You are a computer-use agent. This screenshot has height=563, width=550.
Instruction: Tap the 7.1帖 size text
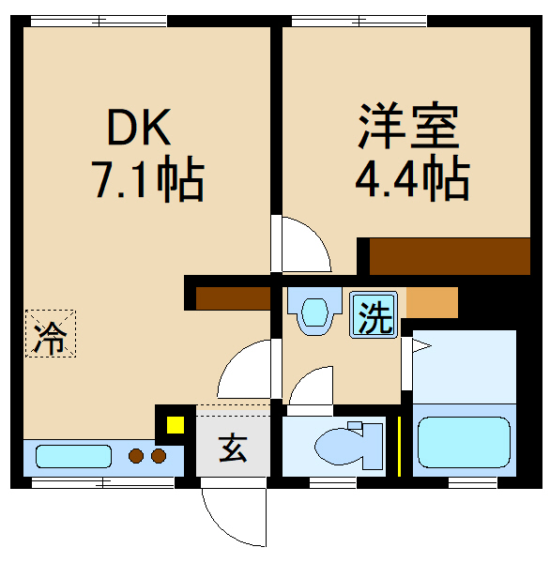(x=146, y=180)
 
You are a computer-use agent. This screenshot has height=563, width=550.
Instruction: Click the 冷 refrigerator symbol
(x=51, y=334)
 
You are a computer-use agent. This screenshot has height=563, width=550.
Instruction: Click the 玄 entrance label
(x=233, y=449)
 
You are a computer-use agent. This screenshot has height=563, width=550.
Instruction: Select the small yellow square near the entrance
(x=175, y=424)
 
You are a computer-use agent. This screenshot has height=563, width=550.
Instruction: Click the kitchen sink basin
(x=73, y=457)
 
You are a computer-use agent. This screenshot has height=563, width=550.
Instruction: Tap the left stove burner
(x=137, y=457)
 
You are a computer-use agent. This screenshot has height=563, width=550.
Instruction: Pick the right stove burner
(x=158, y=457)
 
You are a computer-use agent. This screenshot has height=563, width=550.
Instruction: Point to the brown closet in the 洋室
(x=450, y=255)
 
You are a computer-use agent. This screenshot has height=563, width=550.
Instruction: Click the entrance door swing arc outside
(x=227, y=516)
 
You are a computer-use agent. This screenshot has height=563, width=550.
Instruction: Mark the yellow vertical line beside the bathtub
(x=400, y=444)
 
